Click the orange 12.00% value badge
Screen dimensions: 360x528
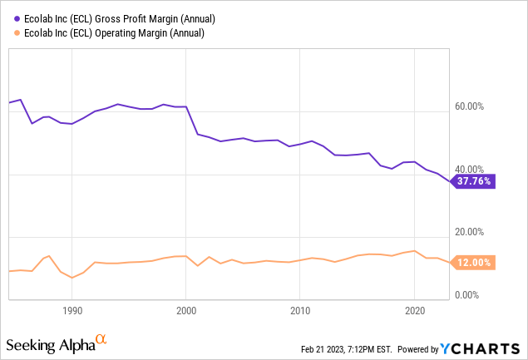(x=474, y=263)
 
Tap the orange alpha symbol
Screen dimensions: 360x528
(x=102, y=339)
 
